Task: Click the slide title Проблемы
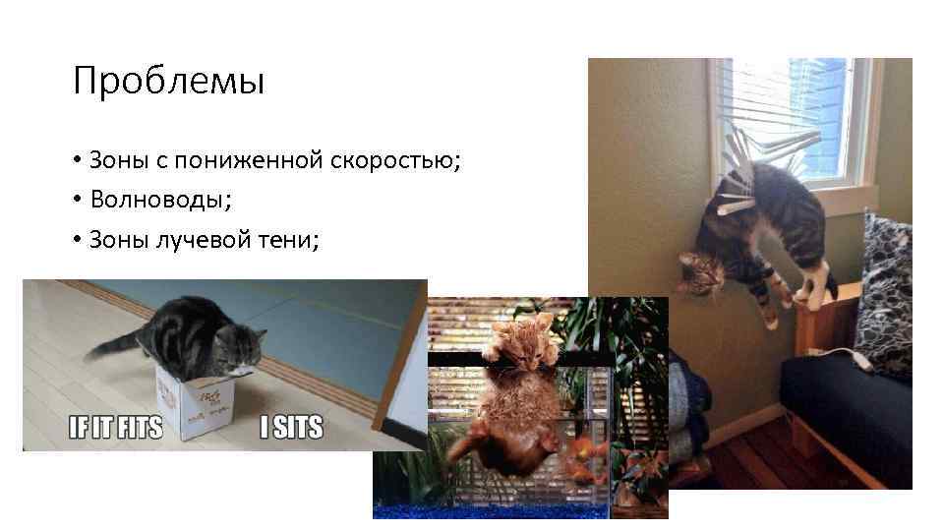168,82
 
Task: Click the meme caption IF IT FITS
114,429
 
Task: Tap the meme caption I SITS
291,429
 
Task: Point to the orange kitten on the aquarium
511,344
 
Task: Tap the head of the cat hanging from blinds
700,270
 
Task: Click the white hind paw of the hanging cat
816,285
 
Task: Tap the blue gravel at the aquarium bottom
521,509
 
